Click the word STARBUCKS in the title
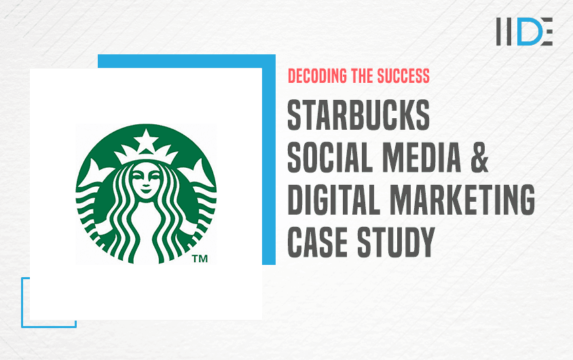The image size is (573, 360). point(358,115)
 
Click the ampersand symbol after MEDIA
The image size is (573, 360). point(479,157)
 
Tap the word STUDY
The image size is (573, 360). point(396,242)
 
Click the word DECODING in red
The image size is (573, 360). point(317,76)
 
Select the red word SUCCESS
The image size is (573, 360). point(403,76)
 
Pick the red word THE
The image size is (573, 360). point(362,76)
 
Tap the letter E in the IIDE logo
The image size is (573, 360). point(546,31)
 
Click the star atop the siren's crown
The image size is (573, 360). point(146,139)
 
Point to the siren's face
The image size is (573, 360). point(146,181)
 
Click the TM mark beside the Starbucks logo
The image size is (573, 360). point(200,259)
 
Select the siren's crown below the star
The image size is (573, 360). point(146,154)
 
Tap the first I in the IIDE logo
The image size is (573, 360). point(499,31)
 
